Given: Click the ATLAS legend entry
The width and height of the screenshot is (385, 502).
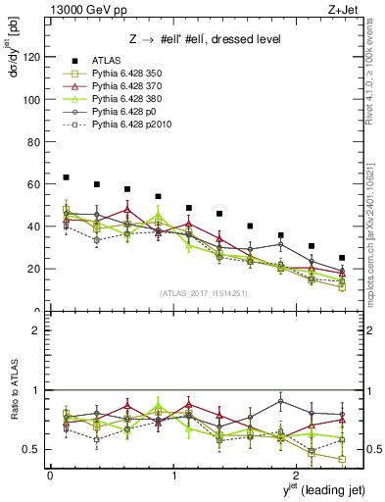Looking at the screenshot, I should [x=106, y=63].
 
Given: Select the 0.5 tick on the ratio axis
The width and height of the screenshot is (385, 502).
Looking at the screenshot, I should [x=30, y=449].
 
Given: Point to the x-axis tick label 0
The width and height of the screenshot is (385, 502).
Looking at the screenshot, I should [x=50, y=475].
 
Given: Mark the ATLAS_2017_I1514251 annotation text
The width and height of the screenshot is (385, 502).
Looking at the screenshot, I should [x=202, y=292].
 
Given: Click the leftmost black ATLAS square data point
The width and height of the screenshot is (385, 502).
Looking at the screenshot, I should [x=66, y=177].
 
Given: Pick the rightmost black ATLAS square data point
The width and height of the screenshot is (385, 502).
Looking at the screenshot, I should [x=342, y=258].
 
